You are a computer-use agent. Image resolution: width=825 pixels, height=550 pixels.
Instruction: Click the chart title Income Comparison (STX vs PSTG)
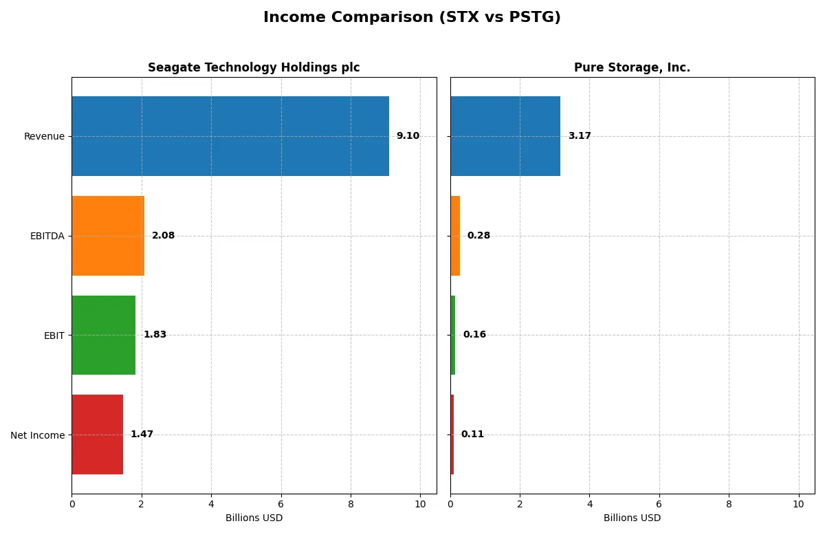412,18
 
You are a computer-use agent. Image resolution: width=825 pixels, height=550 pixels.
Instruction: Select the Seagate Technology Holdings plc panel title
254,68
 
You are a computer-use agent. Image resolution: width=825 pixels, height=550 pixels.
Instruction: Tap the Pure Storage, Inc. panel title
632,68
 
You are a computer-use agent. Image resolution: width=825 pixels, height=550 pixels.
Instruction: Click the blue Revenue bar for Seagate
230,136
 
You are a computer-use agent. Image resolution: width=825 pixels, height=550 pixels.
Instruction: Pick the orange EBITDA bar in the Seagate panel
108,236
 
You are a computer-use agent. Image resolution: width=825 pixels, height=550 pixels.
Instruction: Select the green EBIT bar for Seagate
103,335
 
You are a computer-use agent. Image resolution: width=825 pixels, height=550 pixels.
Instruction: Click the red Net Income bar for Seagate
97,434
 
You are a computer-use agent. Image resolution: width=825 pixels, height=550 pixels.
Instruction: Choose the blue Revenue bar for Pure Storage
505,136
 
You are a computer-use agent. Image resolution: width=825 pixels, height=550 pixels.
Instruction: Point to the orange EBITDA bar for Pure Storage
455,236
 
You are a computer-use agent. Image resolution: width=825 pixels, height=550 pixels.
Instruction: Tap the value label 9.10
408,136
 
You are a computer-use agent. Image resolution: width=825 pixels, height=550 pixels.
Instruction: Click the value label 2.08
163,236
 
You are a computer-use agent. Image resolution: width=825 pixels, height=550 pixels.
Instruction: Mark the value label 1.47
142,434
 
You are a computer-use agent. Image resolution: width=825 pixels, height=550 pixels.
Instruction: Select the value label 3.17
580,136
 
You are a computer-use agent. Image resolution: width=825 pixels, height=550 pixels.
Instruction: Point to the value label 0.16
474,335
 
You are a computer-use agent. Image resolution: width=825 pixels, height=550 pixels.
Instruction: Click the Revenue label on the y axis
44,136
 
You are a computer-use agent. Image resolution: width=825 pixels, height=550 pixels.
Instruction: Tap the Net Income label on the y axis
37,435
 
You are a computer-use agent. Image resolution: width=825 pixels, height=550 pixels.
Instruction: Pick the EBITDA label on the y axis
47,236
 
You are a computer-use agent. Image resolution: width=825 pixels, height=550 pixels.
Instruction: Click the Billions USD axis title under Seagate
254,518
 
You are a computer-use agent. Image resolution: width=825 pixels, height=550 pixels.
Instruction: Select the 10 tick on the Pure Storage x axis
798,504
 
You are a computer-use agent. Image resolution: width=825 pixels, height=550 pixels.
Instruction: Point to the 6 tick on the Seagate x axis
280,504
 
